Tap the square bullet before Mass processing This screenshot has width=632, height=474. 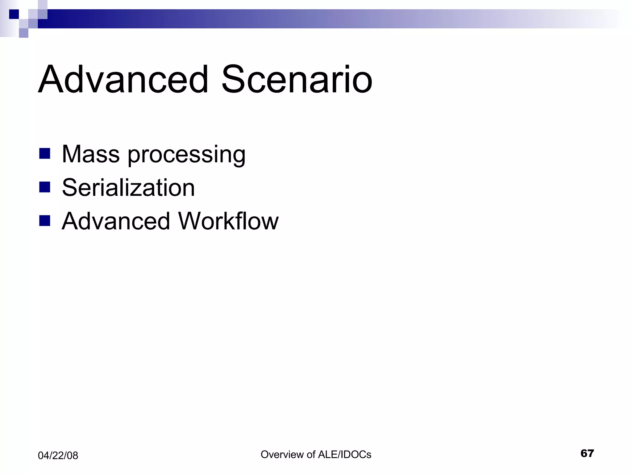pyautogui.click(x=45, y=153)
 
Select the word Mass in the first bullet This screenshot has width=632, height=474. pyautogui.click(x=91, y=154)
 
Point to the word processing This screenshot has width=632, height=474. pyautogui.click(x=187, y=155)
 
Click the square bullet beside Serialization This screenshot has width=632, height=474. pyautogui.click(x=45, y=187)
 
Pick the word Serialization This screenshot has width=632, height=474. pyautogui.click(x=128, y=188)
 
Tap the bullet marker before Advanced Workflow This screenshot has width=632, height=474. pyautogui.click(x=45, y=221)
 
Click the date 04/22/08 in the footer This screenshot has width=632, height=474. pyautogui.click(x=58, y=455)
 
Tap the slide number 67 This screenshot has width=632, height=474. pyautogui.click(x=587, y=453)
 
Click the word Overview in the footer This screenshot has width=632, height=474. pyautogui.click(x=282, y=455)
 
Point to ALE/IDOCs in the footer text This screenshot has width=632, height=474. pyautogui.click(x=344, y=455)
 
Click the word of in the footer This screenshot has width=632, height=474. pyautogui.click(x=311, y=455)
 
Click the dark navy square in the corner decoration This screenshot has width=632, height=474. pyautogui.click(x=14, y=14)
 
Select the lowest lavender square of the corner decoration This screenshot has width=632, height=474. pyautogui.click(x=23, y=33)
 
